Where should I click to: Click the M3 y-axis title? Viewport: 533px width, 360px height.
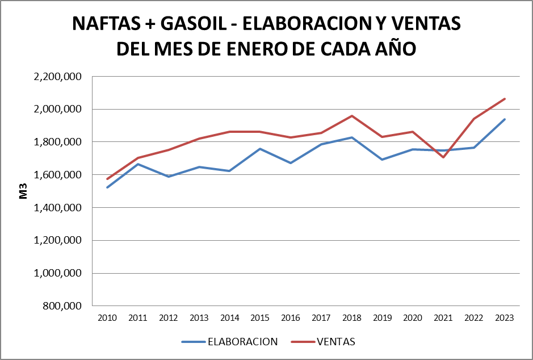[x=24, y=191]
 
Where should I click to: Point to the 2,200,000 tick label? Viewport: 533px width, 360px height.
[x=58, y=76]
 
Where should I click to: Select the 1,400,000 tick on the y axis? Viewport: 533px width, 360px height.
[x=58, y=208]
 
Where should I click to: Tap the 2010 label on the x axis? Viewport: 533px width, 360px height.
[x=107, y=318]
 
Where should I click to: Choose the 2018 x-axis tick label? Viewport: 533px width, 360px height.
[x=351, y=318]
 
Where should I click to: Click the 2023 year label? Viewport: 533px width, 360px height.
[x=504, y=318]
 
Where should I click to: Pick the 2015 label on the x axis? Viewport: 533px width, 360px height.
[x=260, y=318]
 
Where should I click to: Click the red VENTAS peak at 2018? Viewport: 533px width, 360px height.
[x=351, y=116]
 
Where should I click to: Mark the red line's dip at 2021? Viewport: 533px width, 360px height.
[x=443, y=157]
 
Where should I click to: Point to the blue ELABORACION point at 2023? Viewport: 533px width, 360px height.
[x=504, y=119]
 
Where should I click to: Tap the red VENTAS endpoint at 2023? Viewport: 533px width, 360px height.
[x=504, y=99]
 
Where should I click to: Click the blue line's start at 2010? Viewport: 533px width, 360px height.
[x=107, y=187]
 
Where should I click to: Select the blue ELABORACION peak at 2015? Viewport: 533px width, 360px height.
[x=260, y=149]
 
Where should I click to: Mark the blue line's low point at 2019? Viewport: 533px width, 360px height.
[x=382, y=160]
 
